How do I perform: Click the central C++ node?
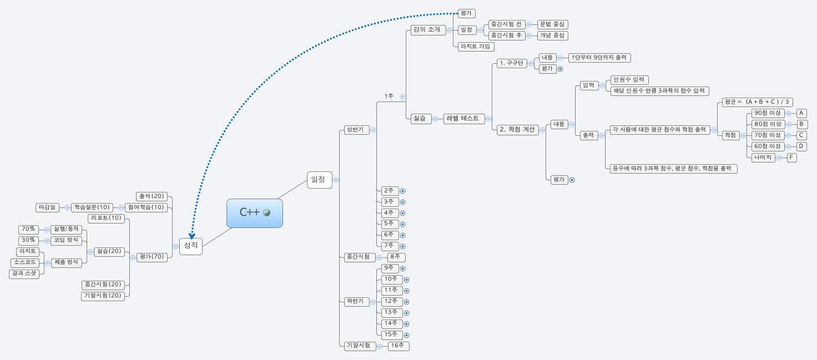click(x=250, y=213)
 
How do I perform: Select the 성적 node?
click(x=190, y=245)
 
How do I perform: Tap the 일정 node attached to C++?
click(x=319, y=179)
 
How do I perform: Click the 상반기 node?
click(x=357, y=130)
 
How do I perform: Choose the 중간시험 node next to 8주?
click(x=357, y=257)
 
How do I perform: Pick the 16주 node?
click(x=398, y=346)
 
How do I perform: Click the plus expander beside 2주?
click(x=402, y=191)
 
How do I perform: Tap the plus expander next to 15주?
click(x=406, y=335)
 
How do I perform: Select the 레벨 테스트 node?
click(x=462, y=118)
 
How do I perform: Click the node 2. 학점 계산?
click(x=517, y=129)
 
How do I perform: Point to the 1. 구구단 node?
click(x=511, y=63)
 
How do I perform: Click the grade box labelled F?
click(x=791, y=158)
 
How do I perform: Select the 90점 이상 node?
click(x=768, y=113)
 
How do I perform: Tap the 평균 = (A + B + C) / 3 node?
click(x=757, y=102)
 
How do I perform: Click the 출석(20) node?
click(x=152, y=196)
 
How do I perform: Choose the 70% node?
click(x=28, y=229)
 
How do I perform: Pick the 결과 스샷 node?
click(x=24, y=273)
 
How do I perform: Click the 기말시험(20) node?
click(x=103, y=296)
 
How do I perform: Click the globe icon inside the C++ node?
click(x=267, y=212)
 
